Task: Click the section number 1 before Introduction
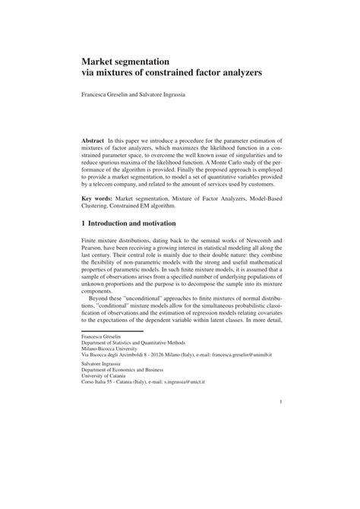pos(84,224)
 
